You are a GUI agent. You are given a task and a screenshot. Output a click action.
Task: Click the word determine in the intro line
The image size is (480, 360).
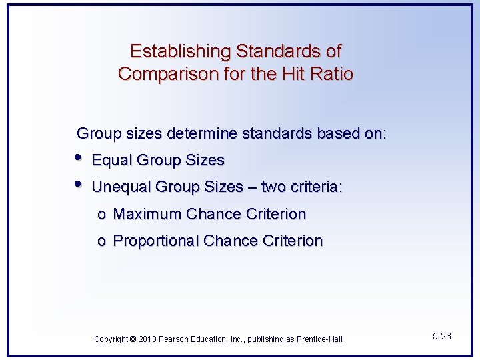point(201,133)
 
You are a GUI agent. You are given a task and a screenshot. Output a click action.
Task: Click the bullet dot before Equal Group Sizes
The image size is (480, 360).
point(78,158)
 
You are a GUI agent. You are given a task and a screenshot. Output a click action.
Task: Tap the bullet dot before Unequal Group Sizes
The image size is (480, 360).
point(78,185)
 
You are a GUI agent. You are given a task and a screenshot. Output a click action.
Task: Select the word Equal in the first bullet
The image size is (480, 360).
point(111,161)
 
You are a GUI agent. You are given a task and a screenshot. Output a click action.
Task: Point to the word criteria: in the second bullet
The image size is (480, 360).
point(316,187)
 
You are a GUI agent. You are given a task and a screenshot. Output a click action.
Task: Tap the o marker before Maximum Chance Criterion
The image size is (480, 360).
point(101,215)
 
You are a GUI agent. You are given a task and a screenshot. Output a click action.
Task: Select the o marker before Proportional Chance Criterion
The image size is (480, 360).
point(101,242)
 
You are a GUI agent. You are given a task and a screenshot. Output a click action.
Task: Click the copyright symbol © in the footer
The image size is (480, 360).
point(133,339)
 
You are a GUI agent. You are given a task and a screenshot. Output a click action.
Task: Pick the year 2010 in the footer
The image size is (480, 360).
point(147,339)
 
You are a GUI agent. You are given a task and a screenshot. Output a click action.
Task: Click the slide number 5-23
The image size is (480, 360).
point(441,336)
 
